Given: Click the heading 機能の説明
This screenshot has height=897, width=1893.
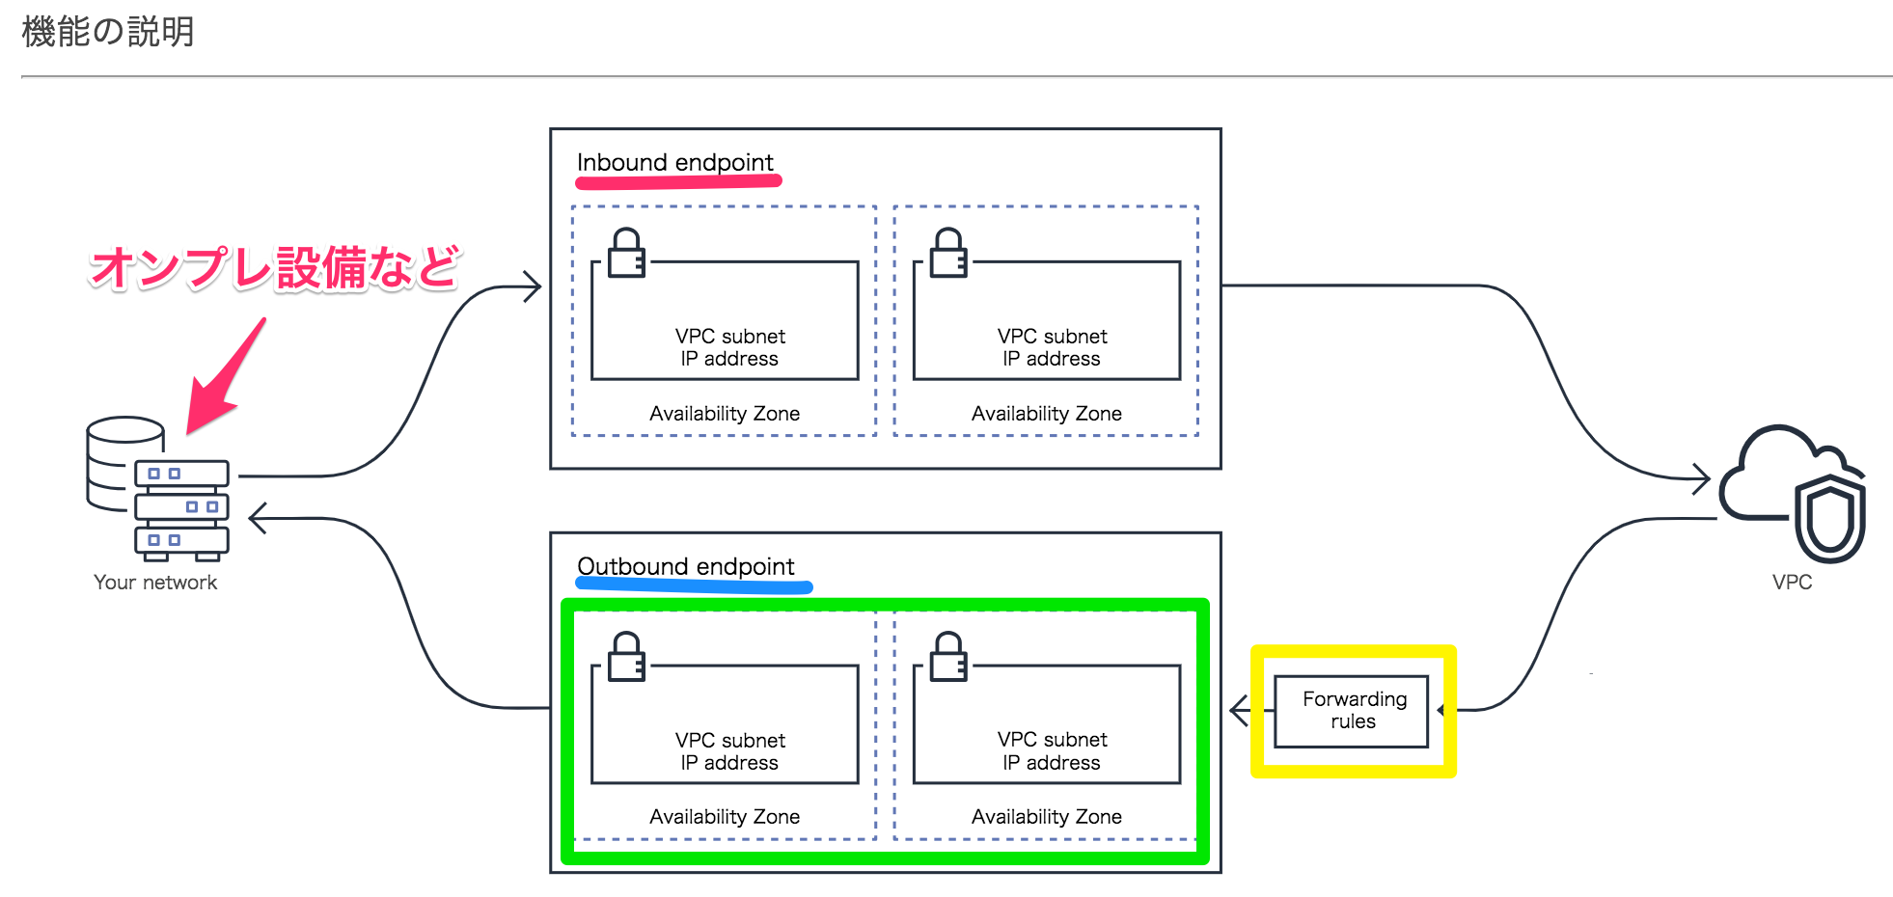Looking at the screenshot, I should (107, 32).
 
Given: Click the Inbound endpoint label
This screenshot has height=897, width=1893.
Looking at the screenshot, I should (674, 162).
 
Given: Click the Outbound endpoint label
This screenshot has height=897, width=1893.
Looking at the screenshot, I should (685, 566).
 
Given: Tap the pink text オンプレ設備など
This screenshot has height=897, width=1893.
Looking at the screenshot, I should (274, 267).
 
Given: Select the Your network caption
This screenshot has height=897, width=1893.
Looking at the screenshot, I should (155, 583).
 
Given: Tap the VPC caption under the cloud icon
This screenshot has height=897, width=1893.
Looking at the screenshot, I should (1792, 583).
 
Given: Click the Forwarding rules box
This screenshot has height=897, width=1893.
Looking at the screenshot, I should (1352, 711).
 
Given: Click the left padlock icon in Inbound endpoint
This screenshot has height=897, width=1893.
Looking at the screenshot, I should (626, 253).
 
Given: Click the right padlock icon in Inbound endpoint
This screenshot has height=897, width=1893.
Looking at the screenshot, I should (948, 253).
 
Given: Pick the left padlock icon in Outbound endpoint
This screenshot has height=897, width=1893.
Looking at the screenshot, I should (626, 657).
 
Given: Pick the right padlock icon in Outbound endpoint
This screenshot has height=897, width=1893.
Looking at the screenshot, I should (948, 657).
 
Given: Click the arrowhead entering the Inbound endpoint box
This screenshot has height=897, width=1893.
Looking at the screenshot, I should (533, 286).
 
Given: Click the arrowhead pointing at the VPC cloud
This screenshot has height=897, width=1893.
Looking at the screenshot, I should (1702, 477).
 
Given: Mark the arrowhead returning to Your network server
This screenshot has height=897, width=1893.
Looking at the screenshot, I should (258, 518).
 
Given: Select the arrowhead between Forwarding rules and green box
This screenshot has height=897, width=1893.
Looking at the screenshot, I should (1240, 711).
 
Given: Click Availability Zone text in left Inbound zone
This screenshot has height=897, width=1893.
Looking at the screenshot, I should (725, 414).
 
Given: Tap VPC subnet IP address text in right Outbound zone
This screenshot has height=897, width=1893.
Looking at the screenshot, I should (1052, 751).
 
